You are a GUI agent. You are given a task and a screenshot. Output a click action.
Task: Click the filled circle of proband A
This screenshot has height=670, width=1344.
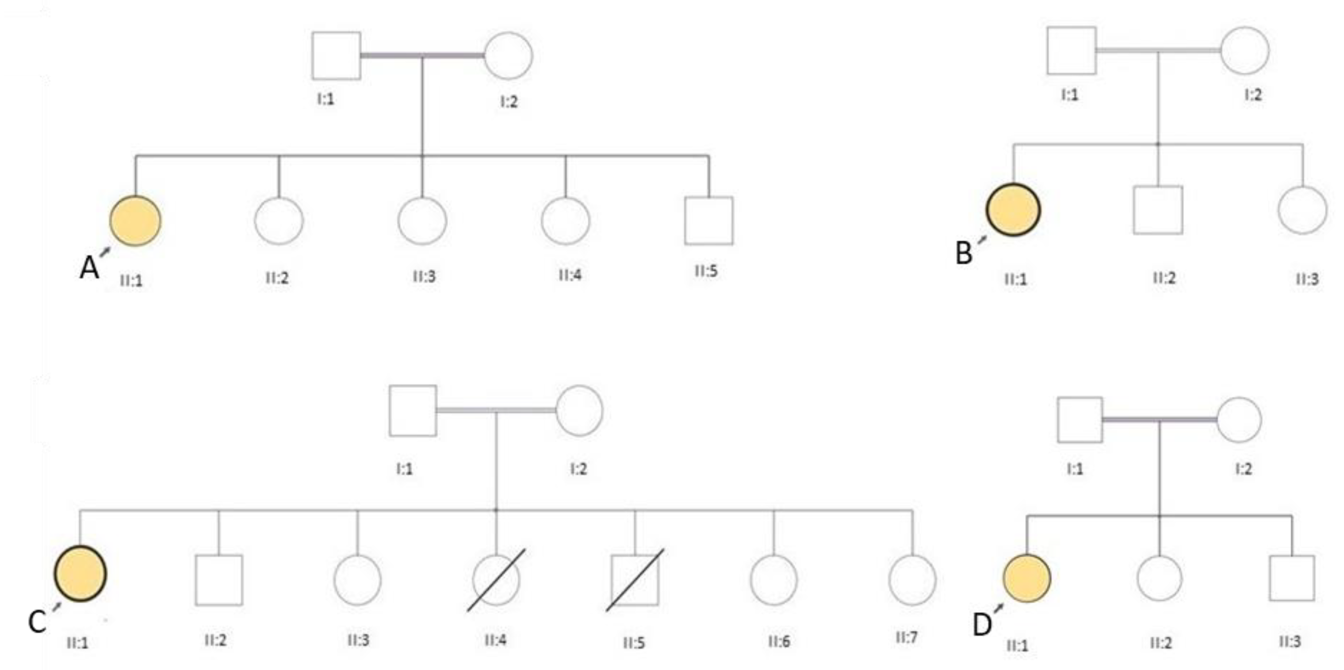pos(135,221)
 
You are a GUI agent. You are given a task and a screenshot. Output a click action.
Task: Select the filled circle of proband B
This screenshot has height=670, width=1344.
pos(1013,210)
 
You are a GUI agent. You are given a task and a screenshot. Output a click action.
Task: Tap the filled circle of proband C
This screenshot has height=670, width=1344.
pos(80,574)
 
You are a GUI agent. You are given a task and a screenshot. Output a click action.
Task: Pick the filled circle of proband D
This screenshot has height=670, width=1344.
pos(1026,578)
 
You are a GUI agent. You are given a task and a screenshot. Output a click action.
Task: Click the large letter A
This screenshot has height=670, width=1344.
pos(89,269)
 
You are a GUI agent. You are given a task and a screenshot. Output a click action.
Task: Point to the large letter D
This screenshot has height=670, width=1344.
pos(982,624)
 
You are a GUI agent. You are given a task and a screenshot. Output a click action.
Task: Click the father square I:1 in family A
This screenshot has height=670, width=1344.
pos(336,56)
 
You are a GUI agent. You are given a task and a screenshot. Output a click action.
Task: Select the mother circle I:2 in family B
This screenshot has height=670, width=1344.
pos(1244,50)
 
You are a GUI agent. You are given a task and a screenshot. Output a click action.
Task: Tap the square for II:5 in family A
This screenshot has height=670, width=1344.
pos(708,221)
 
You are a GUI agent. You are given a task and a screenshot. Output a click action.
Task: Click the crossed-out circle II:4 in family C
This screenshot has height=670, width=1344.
pos(496,580)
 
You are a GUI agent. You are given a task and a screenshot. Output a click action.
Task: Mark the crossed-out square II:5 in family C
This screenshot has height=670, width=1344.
pos(635,580)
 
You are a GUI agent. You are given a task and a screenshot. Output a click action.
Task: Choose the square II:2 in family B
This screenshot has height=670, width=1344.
pos(1158,210)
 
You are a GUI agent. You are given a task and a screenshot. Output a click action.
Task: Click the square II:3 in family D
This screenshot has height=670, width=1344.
pos(1292,578)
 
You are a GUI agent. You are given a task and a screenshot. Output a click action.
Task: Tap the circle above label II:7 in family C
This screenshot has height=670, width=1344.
pos(912,580)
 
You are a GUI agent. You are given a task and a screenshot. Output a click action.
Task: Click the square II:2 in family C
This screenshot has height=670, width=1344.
pos(219,580)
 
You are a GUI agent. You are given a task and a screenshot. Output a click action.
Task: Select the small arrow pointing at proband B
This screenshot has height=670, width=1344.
pos(982,240)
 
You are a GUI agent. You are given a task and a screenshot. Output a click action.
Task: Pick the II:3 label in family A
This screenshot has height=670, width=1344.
pos(424,276)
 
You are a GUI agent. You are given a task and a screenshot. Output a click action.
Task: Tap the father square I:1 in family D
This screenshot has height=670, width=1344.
pos(1079,420)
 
